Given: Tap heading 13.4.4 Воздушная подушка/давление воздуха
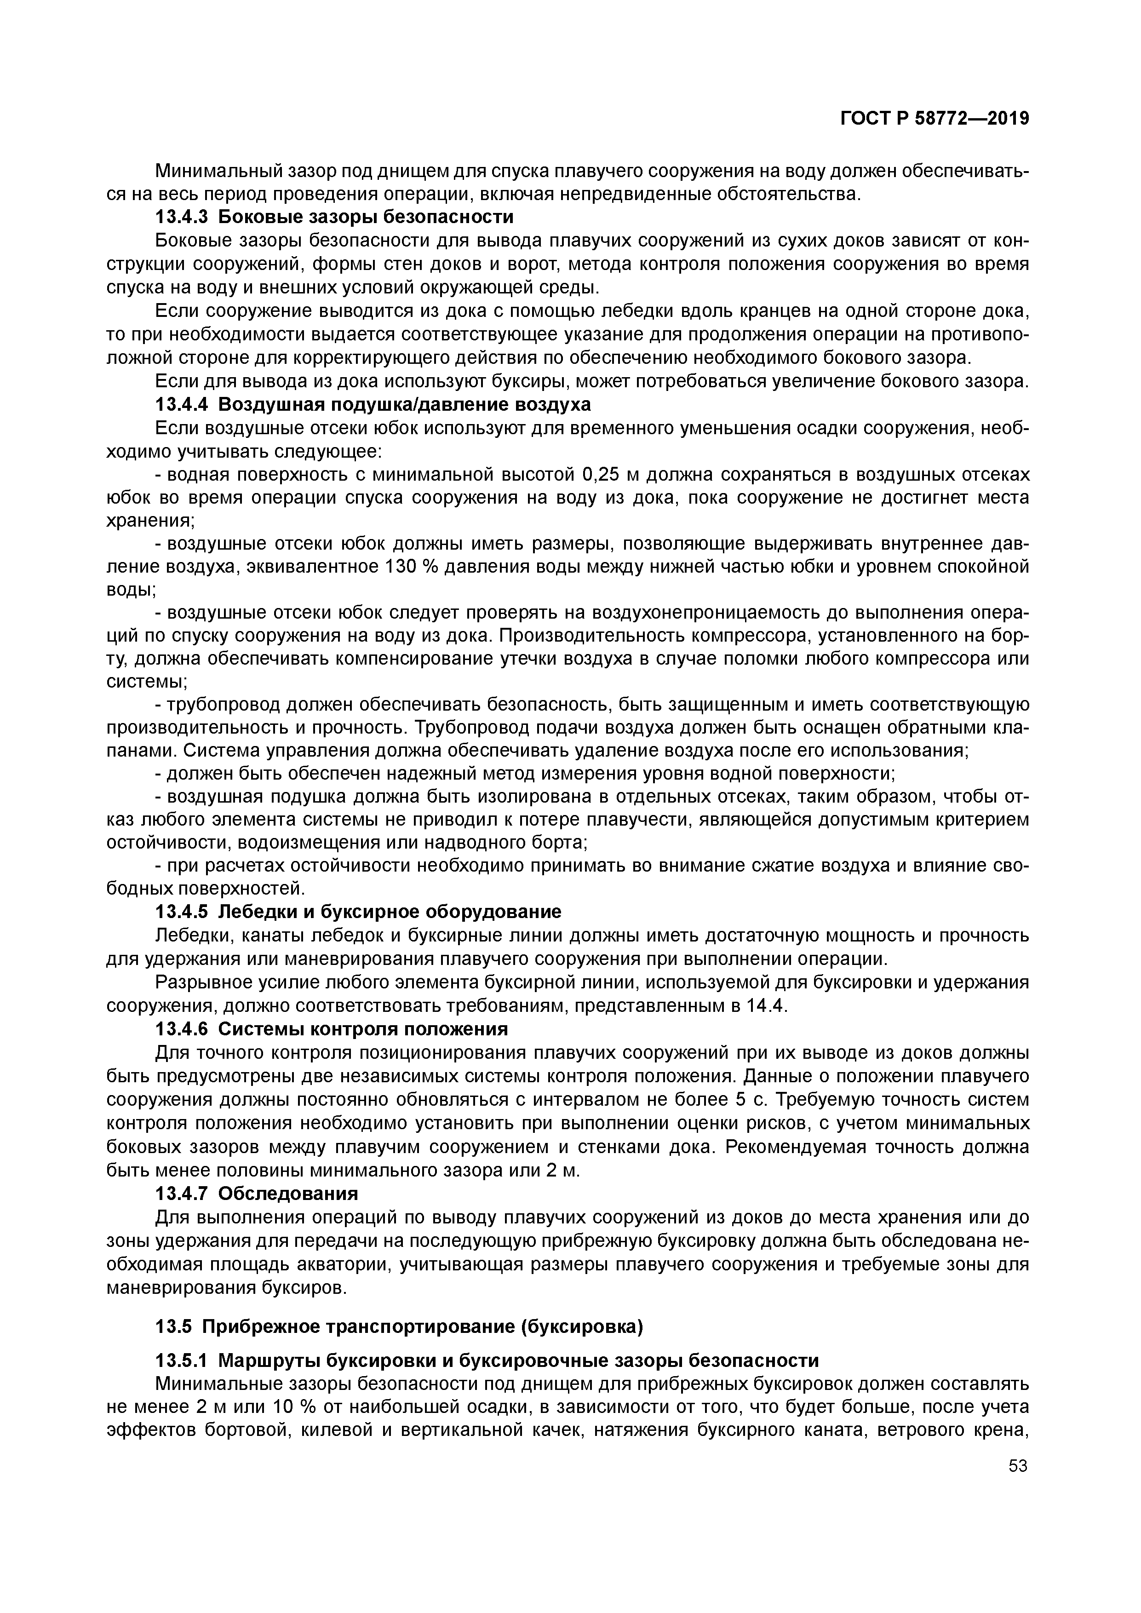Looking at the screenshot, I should [x=373, y=405].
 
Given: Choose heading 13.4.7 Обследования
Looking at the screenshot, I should [x=257, y=1194].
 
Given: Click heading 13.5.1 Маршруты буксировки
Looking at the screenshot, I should [x=486, y=1361].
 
